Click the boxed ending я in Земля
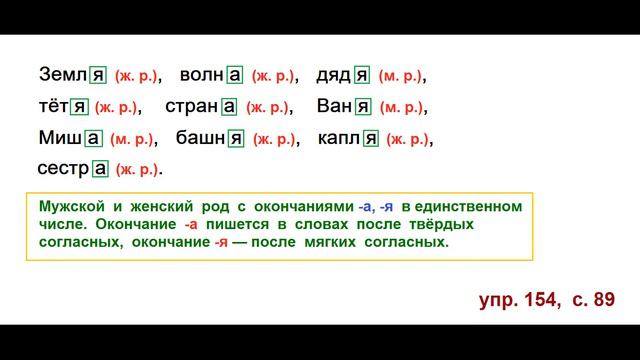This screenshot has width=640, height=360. point(98,75)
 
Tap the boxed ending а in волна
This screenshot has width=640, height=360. point(235,75)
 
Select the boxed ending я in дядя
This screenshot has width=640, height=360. point(362,75)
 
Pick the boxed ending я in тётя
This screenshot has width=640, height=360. point(80,107)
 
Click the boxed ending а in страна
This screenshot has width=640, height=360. point(229,107)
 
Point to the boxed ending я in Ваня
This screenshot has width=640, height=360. point(363,107)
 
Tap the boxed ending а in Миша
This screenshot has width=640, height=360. point(93,139)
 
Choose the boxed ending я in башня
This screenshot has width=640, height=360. point(236,139)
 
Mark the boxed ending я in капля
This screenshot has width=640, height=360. point(370,139)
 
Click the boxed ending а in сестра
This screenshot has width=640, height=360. point(100,169)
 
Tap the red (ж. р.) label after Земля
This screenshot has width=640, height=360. point(137,76)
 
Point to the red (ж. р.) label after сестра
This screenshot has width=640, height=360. point(138,170)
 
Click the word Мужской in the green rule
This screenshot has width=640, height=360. point(74,207)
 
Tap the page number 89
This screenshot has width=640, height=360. point(602,299)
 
